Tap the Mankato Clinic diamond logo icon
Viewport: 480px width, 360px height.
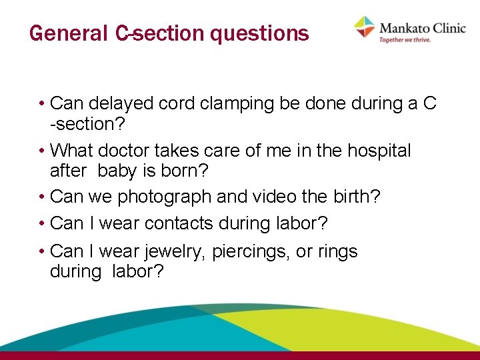tap(365, 27)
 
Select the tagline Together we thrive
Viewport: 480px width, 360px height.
tap(405, 40)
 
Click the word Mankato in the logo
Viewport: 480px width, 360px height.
tap(401, 27)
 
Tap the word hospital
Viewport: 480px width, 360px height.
tap(379, 151)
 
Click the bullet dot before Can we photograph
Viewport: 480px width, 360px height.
tap(41, 197)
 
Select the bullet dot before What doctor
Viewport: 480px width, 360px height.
tap(41, 151)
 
